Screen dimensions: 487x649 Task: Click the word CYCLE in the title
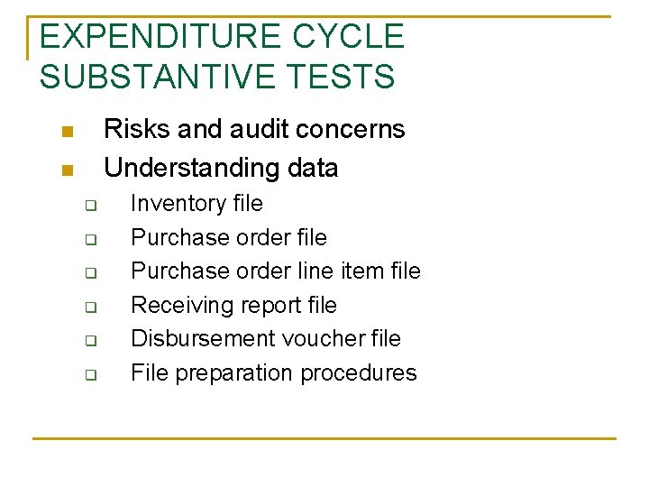pyautogui.click(x=348, y=36)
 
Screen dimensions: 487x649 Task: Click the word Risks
pyautogui.click(x=138, y=129)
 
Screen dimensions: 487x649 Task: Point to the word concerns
pyautogui.click(x=352, y=129)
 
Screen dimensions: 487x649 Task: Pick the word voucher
pyautogui.click(x=323, y=339)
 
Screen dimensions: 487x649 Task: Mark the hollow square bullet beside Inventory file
pyautogui.click(x=90, y=207)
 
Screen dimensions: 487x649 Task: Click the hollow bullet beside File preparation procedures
pyautogui.click(x=90, y=375)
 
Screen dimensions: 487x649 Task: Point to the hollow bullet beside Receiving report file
pyautogui.click(x=90, y=308)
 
